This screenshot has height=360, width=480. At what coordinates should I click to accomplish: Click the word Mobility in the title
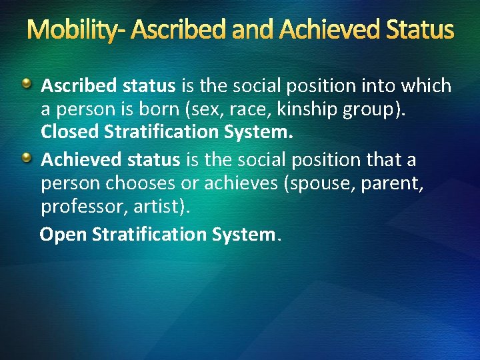coord(69,30)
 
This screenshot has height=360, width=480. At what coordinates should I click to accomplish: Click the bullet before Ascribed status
coord(26,84)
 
